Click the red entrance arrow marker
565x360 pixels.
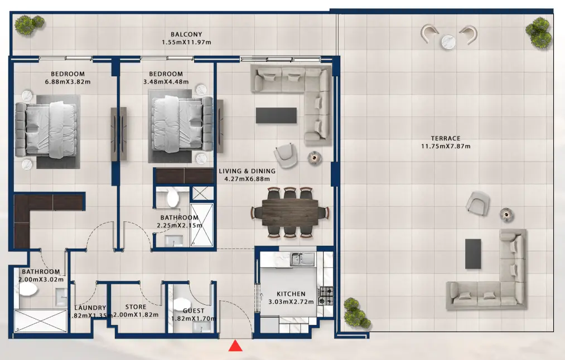235,346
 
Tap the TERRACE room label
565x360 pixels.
445,138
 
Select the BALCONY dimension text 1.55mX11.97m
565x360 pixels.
186,42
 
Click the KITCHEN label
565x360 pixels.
291,294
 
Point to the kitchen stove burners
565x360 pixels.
325,295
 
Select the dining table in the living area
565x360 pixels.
289,212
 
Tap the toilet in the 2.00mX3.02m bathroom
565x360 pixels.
26,290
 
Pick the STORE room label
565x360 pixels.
136,307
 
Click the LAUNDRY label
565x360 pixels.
90,308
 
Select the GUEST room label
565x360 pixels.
194,311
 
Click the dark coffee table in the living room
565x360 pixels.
277,115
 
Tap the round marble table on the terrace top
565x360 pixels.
449,42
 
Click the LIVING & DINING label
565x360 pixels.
247,171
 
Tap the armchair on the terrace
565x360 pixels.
477,203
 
